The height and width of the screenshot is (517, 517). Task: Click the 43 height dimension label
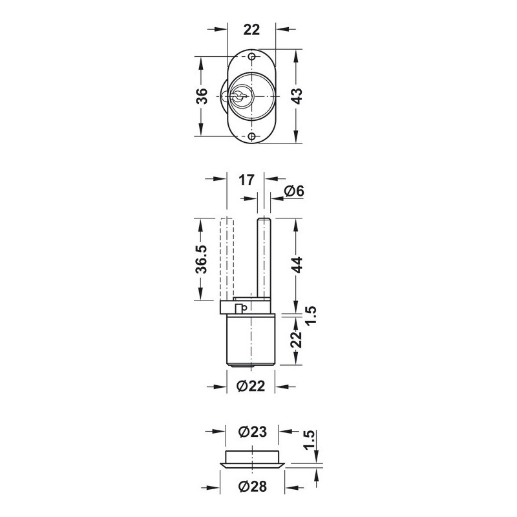point(297,96)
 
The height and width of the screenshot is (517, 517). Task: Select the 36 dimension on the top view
point(202,96)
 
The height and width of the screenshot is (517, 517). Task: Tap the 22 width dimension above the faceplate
point(251,30)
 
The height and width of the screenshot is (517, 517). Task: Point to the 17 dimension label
point(247,180)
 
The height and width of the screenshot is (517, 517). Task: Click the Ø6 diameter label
point(295,191)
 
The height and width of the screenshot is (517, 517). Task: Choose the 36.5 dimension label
point(202,260)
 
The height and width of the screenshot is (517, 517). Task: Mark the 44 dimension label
point(297,265)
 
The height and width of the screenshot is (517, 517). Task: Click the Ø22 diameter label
point(251,386)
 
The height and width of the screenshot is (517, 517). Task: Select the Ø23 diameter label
point(253,432)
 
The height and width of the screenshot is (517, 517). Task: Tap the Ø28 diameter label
point(253,487)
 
